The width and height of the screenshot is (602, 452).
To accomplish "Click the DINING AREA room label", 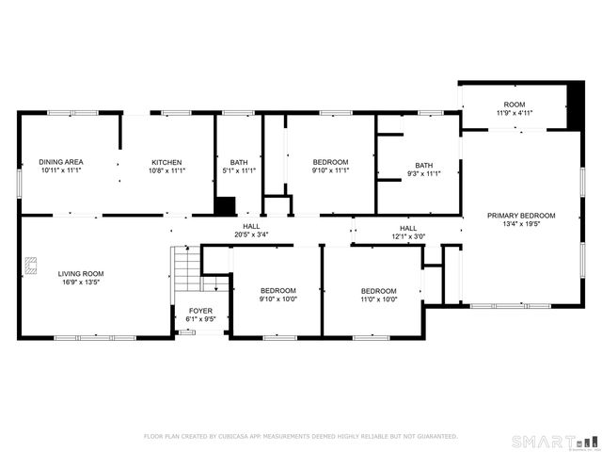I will click(60, 162).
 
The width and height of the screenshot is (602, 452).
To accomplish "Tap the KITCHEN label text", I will click(166, 162).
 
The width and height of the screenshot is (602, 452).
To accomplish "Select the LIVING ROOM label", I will click(80, 273).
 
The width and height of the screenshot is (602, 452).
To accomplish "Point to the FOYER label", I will click(199, 310).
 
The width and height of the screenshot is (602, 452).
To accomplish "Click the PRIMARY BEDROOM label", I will click(520, 216).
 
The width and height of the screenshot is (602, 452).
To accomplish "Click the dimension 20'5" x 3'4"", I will click(251, 235).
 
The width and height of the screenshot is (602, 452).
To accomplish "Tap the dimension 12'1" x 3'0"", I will click(408, 236).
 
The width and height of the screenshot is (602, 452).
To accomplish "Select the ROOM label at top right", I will click(514, 105).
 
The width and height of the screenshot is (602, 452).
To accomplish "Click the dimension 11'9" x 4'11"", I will click(514, 114).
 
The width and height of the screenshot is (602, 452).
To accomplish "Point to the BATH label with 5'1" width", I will click(238, 162).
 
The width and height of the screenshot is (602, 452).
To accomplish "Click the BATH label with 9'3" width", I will click(424, 165).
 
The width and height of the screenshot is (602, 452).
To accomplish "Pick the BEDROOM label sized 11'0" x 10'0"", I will click(377, 290).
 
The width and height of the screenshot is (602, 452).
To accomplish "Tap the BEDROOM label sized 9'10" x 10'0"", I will click(278, 290).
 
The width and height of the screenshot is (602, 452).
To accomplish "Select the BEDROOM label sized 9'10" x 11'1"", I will click(330, 162).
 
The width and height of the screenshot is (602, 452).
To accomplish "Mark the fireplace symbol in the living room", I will click(30, 265).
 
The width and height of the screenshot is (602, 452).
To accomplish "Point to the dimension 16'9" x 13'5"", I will click(80, 282).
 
